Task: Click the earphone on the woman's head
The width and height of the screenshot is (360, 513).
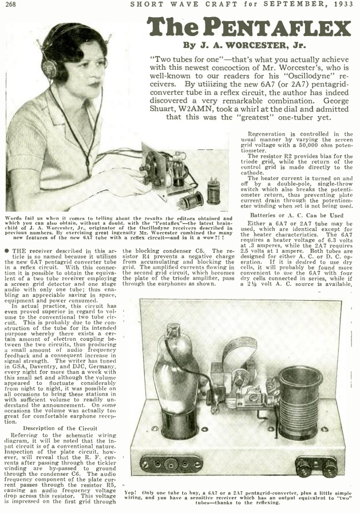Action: tap(49, 67)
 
